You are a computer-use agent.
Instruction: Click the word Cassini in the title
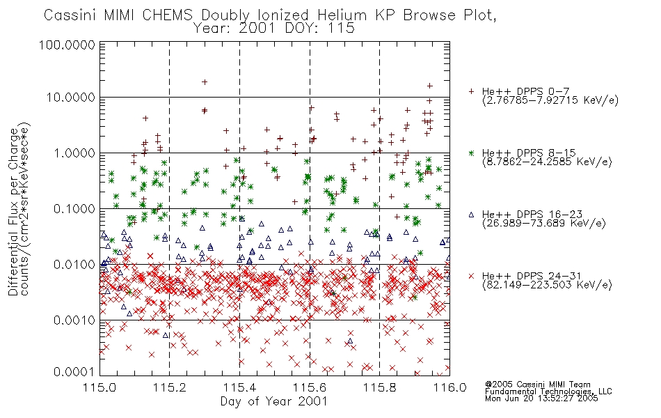pos(71,15)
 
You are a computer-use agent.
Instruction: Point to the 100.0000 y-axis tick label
pos(67,45)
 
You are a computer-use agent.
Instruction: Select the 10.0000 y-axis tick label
pos(71,98)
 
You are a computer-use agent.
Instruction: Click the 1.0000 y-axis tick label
pos(74,153)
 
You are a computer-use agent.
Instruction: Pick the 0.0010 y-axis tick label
pos(74,320)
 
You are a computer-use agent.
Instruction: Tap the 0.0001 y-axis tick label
pos(74,372)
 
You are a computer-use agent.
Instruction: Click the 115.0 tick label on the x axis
pos(100,387)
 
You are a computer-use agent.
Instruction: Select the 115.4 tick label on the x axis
pos(240,387)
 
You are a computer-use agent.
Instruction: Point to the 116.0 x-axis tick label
pos(449,387)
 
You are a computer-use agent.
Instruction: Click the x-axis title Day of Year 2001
pos(274,401)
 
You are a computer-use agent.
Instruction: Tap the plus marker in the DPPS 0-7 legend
pos(471,91)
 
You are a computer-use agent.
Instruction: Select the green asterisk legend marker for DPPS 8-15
pos(471,153)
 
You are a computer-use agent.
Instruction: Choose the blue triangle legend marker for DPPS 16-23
pos(471,215)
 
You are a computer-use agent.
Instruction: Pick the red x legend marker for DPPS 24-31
pos(471,276)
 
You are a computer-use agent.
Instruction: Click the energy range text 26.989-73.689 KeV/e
pos(544,223)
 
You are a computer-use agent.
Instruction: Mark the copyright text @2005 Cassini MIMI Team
pos(538,385)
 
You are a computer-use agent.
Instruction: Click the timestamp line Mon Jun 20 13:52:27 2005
pos(541,398)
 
